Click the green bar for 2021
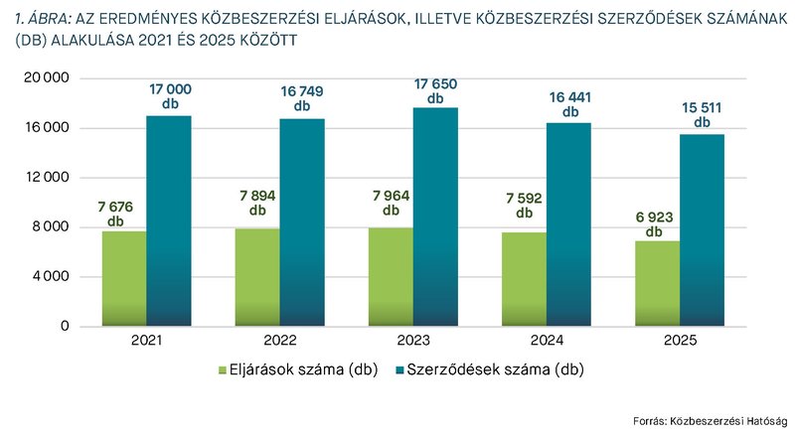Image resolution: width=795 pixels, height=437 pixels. coord(124,278)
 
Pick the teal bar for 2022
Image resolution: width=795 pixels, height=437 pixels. coord(301,222)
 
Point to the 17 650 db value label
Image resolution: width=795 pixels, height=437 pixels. coord(434,91)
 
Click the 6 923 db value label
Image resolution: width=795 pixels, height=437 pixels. coord(653,223)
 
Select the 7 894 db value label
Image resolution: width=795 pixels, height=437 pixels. coord(258,203)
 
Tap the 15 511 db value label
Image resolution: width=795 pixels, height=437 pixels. coord(703,115)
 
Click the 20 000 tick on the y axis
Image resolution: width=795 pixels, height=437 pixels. coord(47,78)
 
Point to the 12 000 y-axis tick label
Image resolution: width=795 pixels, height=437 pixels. coord(47,178)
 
